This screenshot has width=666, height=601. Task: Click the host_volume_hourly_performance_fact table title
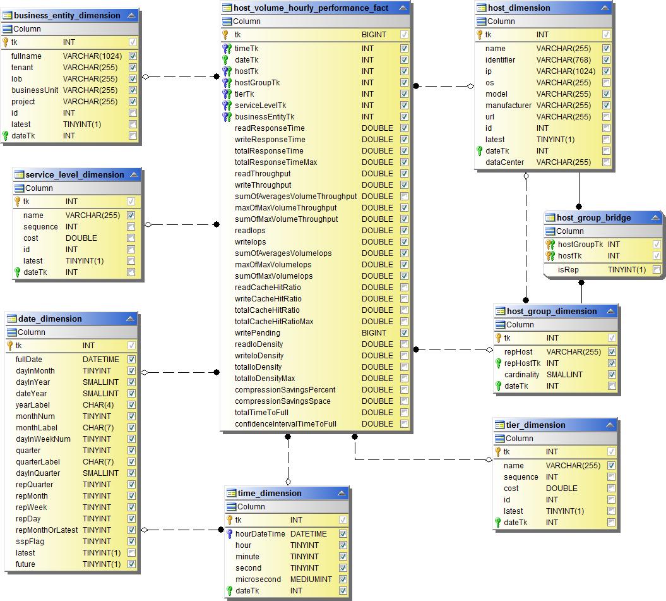point(311,8)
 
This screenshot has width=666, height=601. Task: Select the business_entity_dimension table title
point(66,15)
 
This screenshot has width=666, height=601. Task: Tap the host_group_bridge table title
point(593,218)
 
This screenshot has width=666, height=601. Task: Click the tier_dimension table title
point(535,425)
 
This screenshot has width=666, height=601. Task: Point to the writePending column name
point(257,333)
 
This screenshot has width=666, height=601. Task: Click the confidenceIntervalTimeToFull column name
point(285,424)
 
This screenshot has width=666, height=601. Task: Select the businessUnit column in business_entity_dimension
point(35,90)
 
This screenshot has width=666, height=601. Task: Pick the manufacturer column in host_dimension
point(508,106)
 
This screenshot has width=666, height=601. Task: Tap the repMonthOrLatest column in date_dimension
point(47,530)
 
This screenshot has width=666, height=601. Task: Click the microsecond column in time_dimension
point(258,580)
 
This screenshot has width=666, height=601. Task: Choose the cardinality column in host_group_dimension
point(521,375)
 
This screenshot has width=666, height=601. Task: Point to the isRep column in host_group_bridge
point(568,270)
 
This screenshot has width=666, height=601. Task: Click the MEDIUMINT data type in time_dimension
point(311,580)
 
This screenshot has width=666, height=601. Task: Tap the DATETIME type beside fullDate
point(101,360)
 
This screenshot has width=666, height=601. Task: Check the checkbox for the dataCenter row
point(606,162)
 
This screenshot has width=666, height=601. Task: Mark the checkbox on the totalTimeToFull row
point(404,413)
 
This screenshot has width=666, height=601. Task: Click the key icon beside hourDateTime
point(230,534)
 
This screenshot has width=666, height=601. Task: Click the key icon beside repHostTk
point(498,363)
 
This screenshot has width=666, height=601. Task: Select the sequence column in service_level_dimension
point(40,227)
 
